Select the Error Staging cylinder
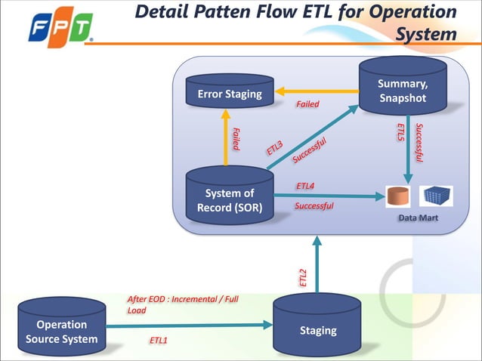click(230, 93)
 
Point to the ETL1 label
click(158, 341)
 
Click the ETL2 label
click(304, 277)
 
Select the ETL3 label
click(274, 148)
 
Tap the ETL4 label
click(305, 186)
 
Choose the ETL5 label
click(400, 133)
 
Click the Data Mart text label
click(419, 218)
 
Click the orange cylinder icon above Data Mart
click(397, 196)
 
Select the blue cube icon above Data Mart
click(436, 196)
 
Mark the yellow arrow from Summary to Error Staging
click(317, 91)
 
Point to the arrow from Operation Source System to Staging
click(189, 326)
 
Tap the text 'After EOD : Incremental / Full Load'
click(181, 304)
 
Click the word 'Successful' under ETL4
click(314, 205)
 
